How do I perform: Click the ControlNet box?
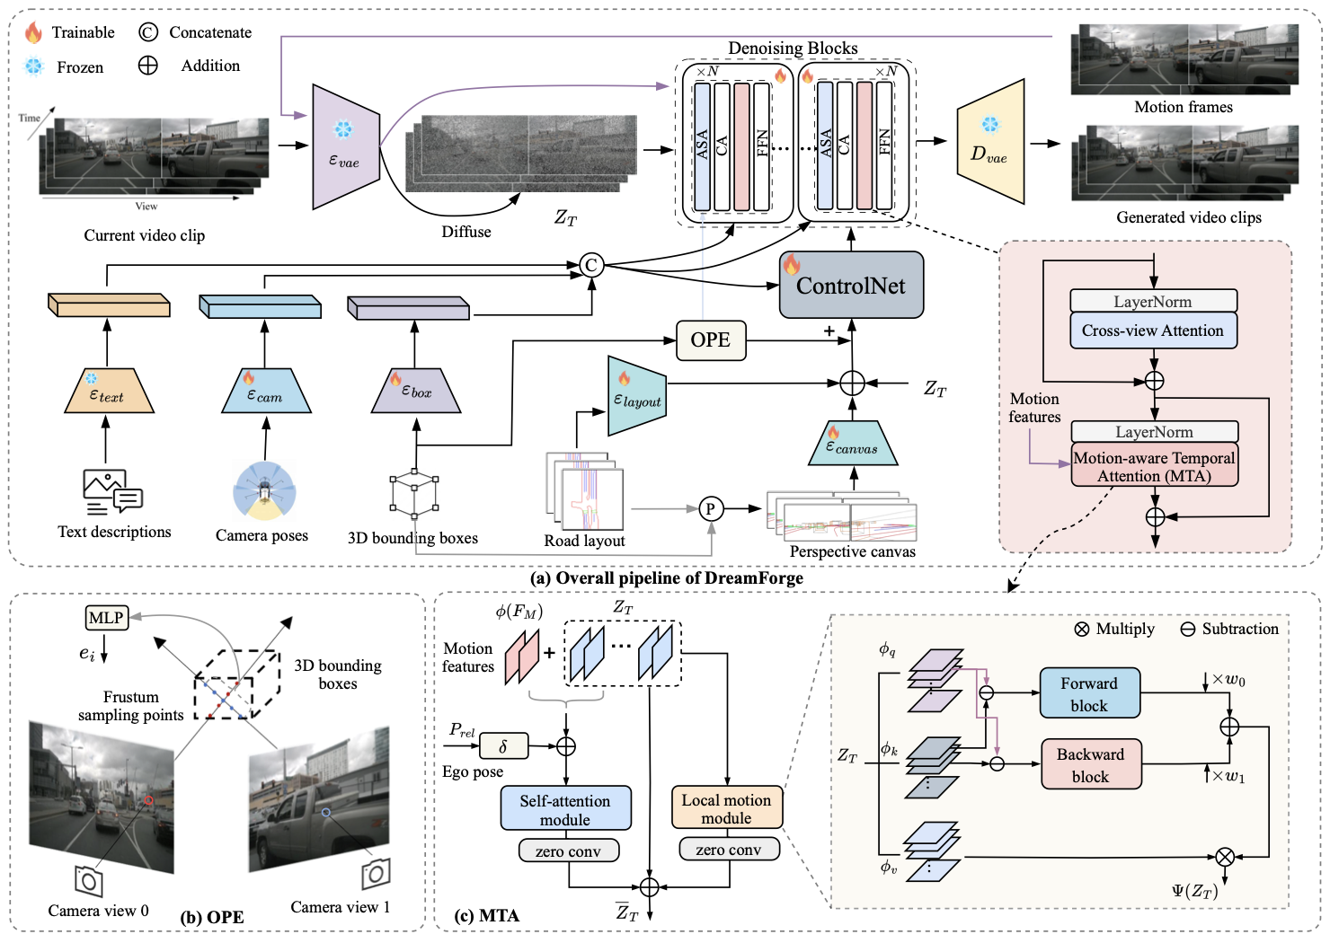851,285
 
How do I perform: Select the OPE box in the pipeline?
711,340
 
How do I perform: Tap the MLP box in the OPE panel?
106,618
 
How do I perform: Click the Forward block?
1089,693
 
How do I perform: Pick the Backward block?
1091,764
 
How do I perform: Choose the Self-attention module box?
565,808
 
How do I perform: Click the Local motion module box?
727,807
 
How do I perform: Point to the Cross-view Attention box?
1153,330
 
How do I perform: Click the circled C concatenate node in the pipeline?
591,265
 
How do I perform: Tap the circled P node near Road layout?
711,508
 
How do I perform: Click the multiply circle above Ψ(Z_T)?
1225,857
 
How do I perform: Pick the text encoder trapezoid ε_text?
109,391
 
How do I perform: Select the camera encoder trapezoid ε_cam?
265,391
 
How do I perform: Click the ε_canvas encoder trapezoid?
853,444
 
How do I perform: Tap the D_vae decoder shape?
990,142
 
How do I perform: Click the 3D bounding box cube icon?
414,492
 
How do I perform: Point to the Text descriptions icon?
112,491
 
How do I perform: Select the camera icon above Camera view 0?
88,881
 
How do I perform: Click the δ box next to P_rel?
503,746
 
